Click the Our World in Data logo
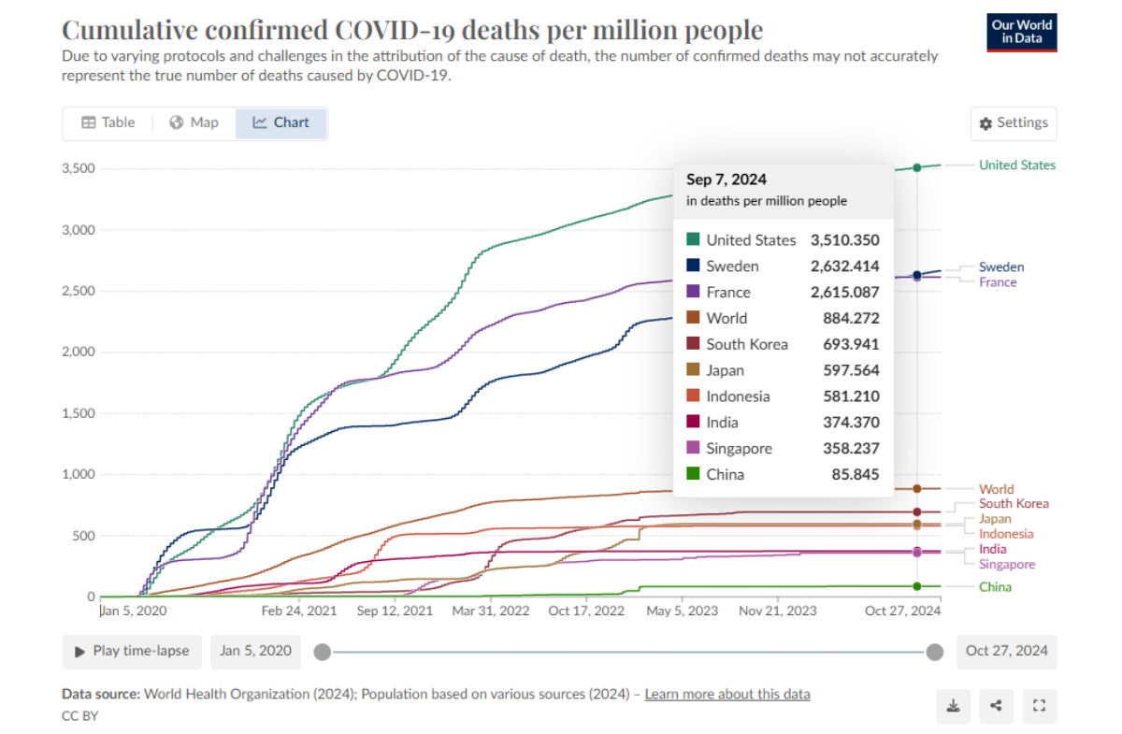point(1022,32)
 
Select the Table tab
point(108,122)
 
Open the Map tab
point(194,122)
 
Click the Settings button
point(1014,122)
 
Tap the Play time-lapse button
point(131,651)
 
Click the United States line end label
point(1017,166)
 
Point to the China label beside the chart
point(995,587)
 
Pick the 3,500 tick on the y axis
point(79,168)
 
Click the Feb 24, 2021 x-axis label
point(298,612)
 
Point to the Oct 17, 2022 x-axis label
point(586,612)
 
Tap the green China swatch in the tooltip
point(693,474)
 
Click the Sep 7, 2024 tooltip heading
point(726,180)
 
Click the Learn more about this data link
point(727,694)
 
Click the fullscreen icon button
point(1039,706)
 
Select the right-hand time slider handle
point(934,652)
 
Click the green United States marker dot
point(917,166)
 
